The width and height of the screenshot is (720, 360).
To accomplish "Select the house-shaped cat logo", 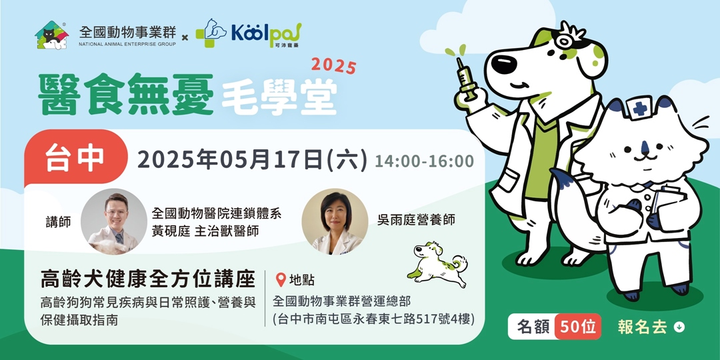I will (x=52, y=34).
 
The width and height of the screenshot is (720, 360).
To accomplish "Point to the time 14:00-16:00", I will (x=424, y=161).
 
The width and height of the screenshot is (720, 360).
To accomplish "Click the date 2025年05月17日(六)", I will (x=252, y=160).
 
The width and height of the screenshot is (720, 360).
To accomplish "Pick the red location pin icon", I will (x=281, y=280).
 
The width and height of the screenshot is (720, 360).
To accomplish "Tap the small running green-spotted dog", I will (x=437, y=263).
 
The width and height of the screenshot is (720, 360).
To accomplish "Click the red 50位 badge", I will (x=577, y=327).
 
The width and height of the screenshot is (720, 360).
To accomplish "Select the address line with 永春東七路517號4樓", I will (x=373, y=319).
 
